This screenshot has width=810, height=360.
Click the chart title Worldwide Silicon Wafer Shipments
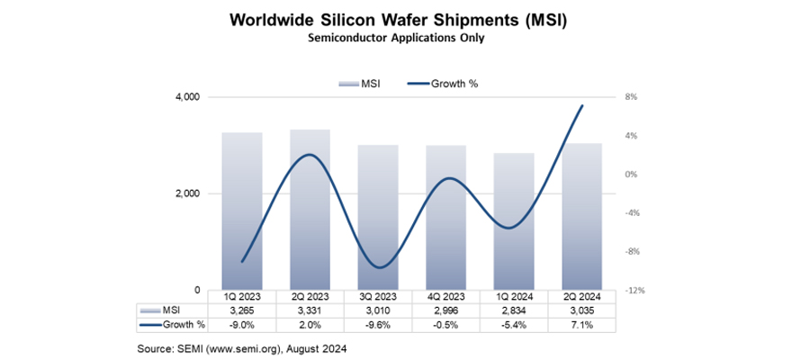(x=404, y=20)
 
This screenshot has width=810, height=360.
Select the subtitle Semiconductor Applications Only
(x=404, y=38)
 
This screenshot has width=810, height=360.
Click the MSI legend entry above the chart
(x=359, y=84)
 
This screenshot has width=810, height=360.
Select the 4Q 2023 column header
(x=446, y=296)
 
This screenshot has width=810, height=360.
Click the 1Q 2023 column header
(x=241, y=296)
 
